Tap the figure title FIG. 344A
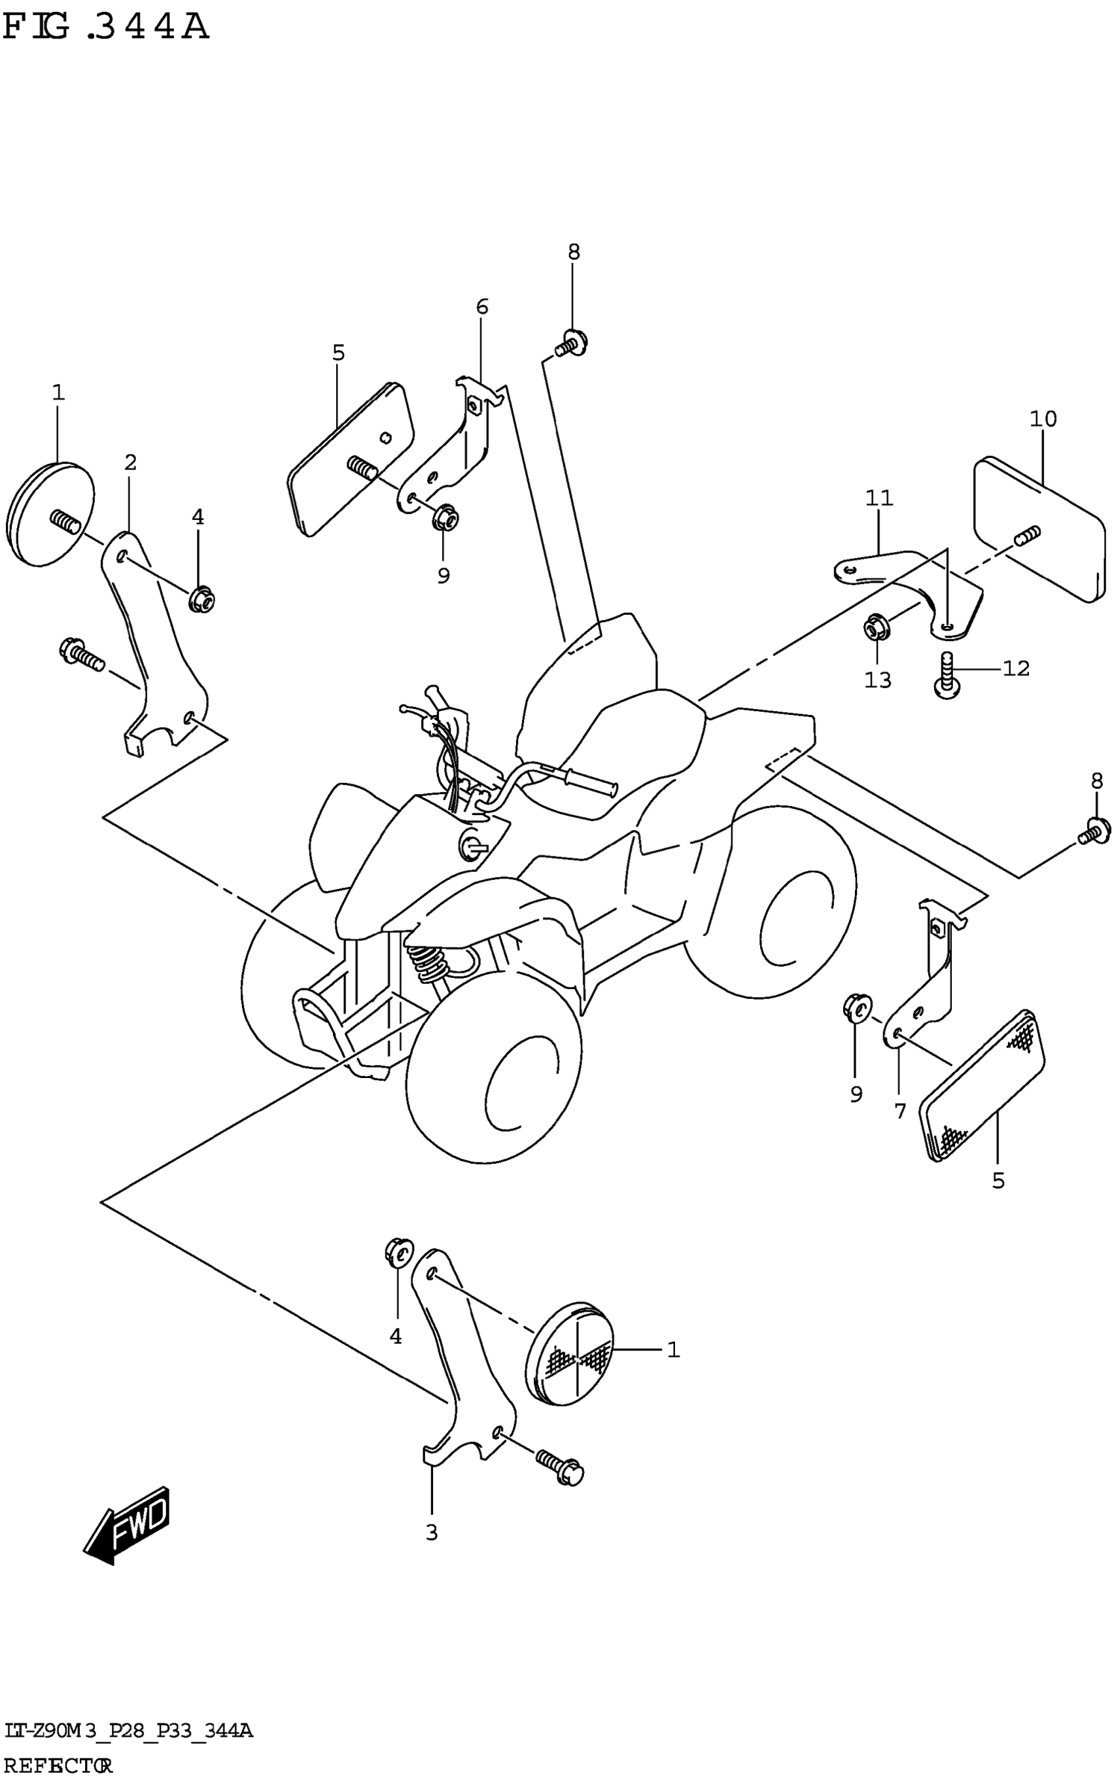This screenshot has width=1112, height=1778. pos(106,28)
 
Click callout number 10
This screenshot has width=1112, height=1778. pos(1043,419)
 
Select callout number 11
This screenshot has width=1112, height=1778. pos(879,498)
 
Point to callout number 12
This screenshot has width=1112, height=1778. pos(1016,669)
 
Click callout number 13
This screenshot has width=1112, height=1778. pos(877,680)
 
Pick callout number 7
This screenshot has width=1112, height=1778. pos(900,1110)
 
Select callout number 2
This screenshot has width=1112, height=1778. pos(130,462)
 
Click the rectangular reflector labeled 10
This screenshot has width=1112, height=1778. pos(1039,528)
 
